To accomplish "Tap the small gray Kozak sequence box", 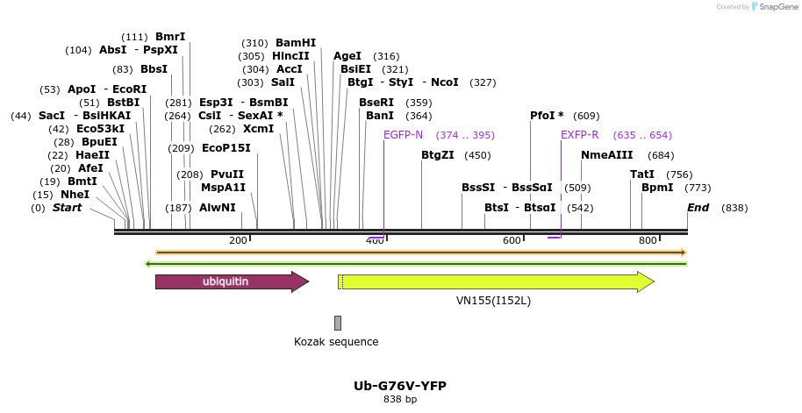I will tap(337, 323).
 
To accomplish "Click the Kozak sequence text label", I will tap(336, 342).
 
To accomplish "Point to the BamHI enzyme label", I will tap(296, 42).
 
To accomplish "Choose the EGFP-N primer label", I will tap(403, 135).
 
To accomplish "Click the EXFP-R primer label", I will tap(580, 135).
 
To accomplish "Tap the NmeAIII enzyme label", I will tap(605, 155).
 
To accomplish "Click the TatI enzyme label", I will tap(642, 174).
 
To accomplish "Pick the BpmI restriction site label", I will tap(657, 188).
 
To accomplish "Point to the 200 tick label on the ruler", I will tap(238, 240).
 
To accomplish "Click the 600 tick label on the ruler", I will tap(512, 240).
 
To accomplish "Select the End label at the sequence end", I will tap(698, 208).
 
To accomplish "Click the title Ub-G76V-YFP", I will tap(400, 386).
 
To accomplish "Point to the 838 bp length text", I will tap(400, 400).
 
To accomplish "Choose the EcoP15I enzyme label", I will tap(226, 147).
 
